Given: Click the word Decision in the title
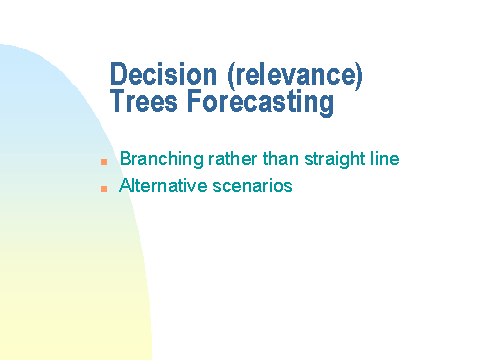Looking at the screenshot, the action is click(163, 74).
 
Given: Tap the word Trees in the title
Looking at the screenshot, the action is click(144, 101).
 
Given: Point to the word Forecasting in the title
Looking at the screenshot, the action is click(260, 103).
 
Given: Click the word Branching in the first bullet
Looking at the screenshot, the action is click(162, 159).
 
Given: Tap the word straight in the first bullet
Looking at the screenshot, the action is click(335, 159).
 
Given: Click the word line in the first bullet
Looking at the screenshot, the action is click(385, 158).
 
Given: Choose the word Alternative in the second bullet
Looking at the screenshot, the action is click(163, 185).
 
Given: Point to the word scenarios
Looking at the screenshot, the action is click(252, 186).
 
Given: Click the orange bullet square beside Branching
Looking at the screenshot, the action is click(104, 162).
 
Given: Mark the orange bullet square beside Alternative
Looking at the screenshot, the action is click(104, 189).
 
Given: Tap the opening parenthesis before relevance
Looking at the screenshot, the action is click(231, 76).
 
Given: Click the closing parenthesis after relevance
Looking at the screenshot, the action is click(359, 76).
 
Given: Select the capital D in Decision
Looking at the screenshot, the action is click(118, 74).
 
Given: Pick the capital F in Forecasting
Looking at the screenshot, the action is click(194, 101).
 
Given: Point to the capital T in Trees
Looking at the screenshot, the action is click(118, 101).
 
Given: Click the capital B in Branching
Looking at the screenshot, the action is click(126, 158).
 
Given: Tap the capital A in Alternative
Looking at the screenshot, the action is click(125, 185).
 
